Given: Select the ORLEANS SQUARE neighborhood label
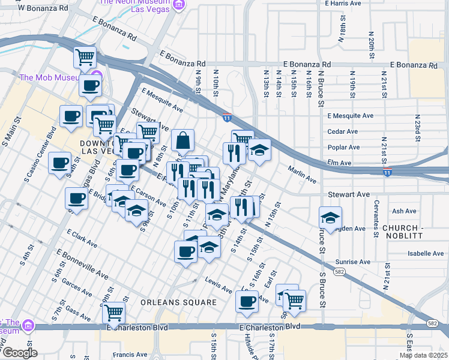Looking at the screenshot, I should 178,302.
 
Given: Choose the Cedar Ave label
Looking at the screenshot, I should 342,131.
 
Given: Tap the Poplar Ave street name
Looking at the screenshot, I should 343,147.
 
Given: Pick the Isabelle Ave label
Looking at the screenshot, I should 425,254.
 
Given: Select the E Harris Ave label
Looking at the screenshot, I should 342,3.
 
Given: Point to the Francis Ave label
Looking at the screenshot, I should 130,355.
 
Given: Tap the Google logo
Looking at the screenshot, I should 19,352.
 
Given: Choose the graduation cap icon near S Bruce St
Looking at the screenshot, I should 330,217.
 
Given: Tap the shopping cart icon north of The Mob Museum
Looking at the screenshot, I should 85,58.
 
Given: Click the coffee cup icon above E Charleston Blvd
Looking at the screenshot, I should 246,301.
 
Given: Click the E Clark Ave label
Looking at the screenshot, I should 82,238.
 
